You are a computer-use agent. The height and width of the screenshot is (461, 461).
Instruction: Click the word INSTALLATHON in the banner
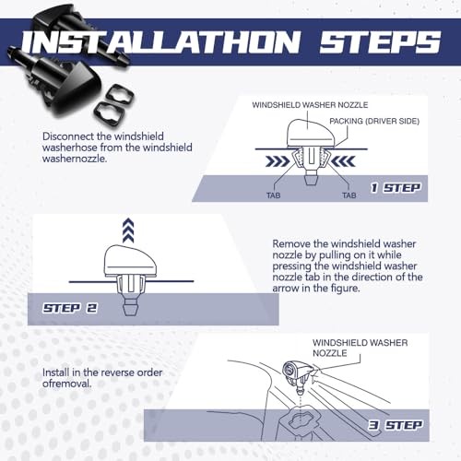tap(160, 42)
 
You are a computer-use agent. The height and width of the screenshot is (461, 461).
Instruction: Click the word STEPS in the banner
tap(380, 42)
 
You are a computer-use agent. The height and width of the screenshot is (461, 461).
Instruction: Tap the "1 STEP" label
tap(396, 188)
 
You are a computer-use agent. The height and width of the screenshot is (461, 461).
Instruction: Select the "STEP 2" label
tap(70, 308)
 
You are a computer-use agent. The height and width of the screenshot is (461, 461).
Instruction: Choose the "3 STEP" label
tap(396, 425)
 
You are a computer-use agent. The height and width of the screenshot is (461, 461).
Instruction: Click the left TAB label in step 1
tap(273, 195)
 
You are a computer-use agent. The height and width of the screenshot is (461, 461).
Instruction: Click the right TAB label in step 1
tap(349, 195)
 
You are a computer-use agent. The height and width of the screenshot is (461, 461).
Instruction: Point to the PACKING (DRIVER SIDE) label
tap(374, 121)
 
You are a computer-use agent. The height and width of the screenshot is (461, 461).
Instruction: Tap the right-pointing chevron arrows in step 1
tap(278, 161)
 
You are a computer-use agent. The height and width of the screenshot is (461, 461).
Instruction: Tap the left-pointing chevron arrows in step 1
tap(344, 161)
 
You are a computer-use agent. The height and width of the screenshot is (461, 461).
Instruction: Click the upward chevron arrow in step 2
tap(128, 230)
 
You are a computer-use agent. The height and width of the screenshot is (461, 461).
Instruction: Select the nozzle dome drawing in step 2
tap(130, 261)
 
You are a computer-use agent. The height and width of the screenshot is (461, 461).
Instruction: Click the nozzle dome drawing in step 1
tap(311, 133)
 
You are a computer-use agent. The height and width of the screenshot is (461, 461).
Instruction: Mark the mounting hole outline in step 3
tap(302, 420)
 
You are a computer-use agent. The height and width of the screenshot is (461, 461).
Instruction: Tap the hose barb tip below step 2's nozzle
tap(130, 309)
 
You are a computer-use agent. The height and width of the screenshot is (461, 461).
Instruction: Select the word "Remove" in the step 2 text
tap(291, 244)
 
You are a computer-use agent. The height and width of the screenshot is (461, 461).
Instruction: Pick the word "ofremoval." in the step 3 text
tap(67, 384)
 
